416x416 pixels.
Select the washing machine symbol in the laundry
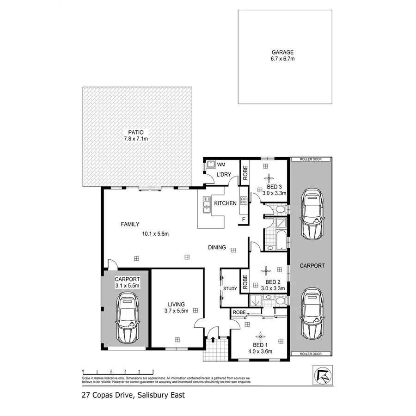pyautogui.click(x=210, y=164)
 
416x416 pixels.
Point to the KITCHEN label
pyautogui.click(x=225, y=203)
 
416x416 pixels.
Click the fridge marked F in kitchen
pyautogui.click(x=243, y=220)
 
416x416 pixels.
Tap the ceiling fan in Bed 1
pyautogui.click(x=261, y=336)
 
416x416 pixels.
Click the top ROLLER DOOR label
pyautogui.click(x=311, y=159)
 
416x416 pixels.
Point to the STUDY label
pyautogui.click(x=230, y=289)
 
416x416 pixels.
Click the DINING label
pyautogui.click(x=217, y=247)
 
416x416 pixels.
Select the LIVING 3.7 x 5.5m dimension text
pyautogui.click(x=177, y=312)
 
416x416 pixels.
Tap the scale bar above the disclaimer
pyautogui.click(x=118, y=371)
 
